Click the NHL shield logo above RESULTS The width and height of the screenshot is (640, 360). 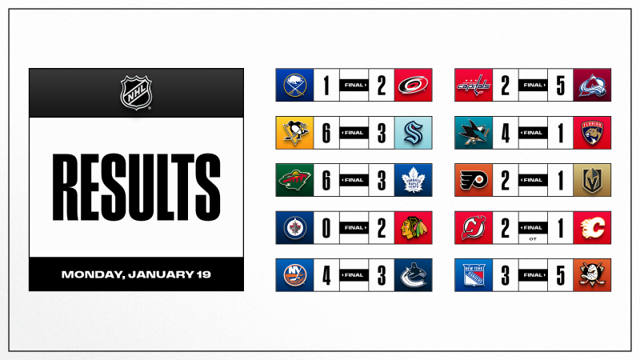135,93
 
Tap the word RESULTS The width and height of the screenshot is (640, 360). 135,189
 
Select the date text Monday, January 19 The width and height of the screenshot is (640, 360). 135,274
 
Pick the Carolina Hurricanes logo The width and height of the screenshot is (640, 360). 414,85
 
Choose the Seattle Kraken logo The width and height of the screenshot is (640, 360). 414,132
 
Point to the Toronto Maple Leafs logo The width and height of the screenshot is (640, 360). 414,180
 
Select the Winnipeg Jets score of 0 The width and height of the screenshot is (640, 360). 326,228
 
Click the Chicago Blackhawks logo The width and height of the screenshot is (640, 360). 414,228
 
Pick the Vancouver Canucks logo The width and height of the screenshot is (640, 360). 414,275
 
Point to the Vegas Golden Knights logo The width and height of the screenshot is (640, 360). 594,180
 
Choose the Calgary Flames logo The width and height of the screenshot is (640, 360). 594,228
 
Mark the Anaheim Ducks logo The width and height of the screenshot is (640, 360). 594,275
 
